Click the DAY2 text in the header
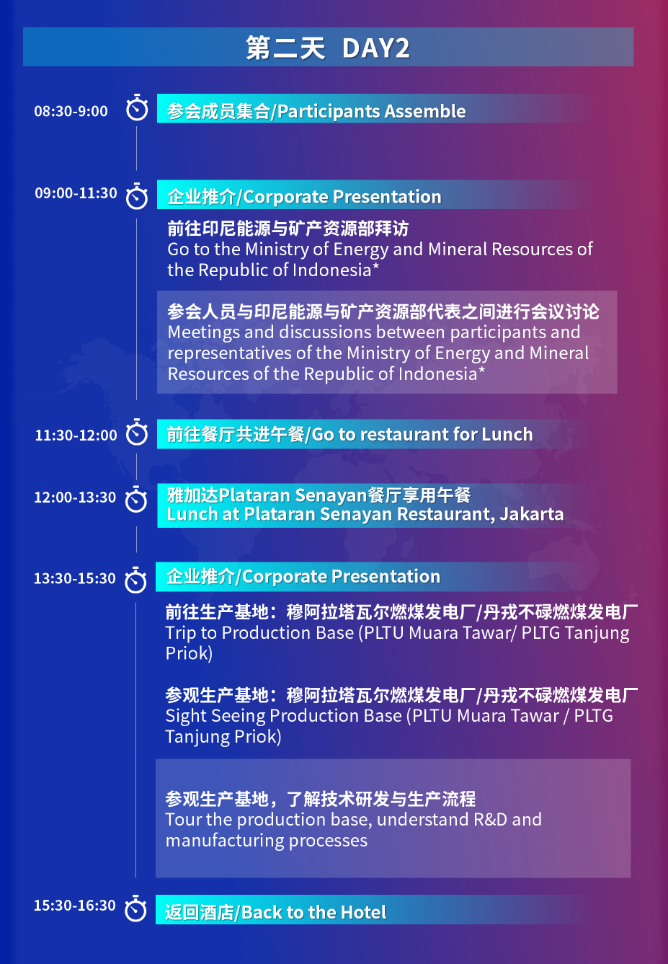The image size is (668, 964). pos(375,48)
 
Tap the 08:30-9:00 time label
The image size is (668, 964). pos(71,111)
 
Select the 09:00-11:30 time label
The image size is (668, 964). pos(76,193)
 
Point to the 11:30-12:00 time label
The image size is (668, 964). pos(76,435)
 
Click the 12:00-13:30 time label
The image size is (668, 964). pos(75,497)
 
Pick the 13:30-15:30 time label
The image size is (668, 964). pos(74,578)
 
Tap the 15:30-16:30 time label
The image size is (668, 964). pos(74,905)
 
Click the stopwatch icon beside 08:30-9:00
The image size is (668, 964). pos(137,108)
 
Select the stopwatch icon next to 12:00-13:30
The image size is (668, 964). pos(136,500)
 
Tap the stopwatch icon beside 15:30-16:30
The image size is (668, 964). pos(135,908)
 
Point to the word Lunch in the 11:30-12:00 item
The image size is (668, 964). pos(507,434)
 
